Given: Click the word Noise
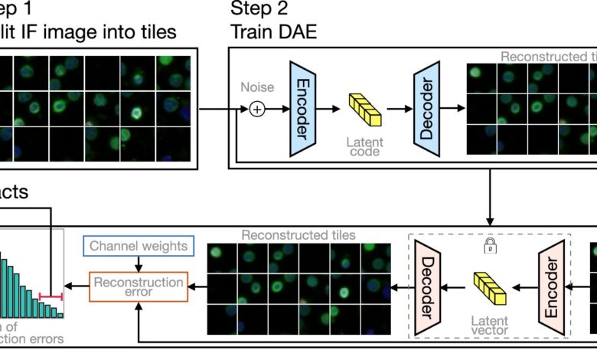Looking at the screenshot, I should pyautogui.click(x=258, y=88).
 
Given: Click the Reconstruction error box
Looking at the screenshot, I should pyautogui.click(x=139, y=287).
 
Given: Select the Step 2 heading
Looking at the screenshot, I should pyautogui.click(x=256, y=10).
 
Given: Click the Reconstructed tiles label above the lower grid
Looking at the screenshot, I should pyautogui.click(x=298, y=235).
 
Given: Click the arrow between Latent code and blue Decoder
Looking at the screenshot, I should pyautogui.click(x=398, y=110).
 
